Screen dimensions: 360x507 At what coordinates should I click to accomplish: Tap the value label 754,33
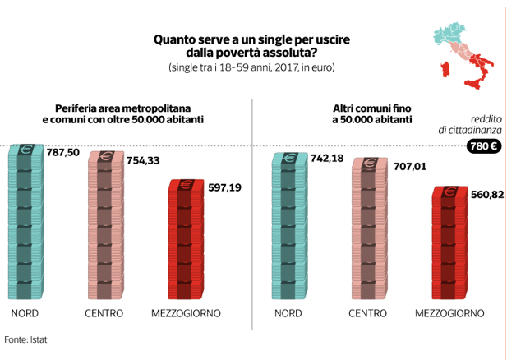143,159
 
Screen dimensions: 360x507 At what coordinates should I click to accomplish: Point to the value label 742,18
326,158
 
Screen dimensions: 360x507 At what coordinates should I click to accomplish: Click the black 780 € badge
482,146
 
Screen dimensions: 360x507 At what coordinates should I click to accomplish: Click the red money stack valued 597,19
185,239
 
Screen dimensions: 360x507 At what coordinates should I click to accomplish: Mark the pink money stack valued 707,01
369,228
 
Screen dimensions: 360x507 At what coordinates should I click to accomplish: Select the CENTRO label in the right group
367,313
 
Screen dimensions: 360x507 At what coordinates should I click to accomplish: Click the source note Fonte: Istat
25,339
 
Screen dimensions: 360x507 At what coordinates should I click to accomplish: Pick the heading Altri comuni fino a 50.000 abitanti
371,113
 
